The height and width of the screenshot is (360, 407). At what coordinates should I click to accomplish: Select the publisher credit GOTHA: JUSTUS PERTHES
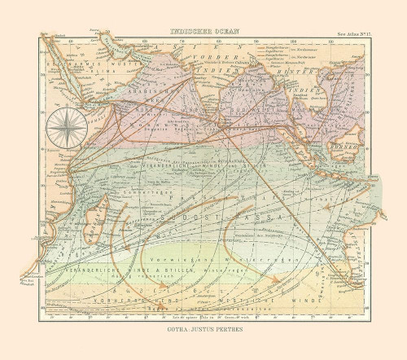click(x=203, y=332)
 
